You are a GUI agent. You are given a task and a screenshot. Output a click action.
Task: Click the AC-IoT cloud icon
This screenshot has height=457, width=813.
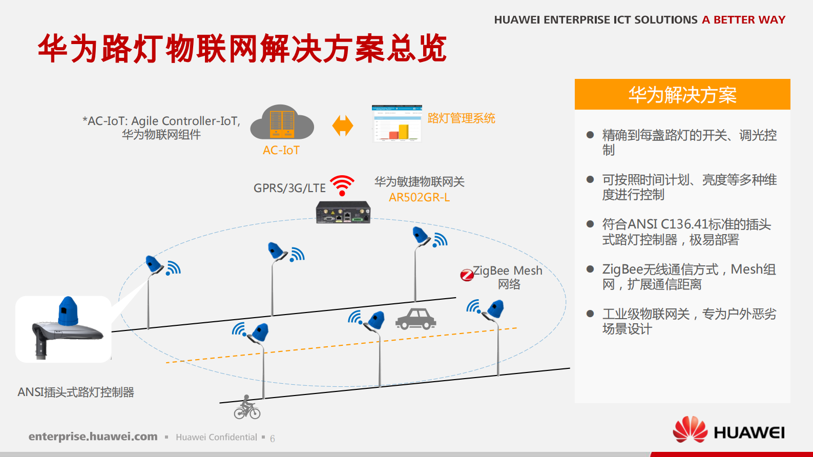click(282, 123)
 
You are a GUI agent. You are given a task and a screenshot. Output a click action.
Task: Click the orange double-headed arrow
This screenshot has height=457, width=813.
click(343, 126)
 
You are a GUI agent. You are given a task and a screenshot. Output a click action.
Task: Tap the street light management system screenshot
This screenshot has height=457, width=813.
click(397, 123)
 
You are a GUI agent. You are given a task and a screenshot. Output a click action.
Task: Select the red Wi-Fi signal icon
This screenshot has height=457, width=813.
click(342, 185)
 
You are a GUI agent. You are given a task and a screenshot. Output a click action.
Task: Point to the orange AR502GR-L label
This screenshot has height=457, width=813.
click(419, 198)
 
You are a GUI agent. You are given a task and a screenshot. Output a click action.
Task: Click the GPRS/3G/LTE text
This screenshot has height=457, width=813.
click(289, 188)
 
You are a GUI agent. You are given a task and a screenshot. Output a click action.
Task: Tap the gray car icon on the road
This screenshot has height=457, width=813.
click(415, 319)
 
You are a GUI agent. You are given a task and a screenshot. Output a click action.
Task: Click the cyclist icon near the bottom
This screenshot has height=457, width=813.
click(247, 408)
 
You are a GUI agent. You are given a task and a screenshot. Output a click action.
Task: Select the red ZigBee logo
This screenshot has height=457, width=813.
click(467, 275)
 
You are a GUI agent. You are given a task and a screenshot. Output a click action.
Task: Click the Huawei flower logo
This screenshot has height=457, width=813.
click(690, 429)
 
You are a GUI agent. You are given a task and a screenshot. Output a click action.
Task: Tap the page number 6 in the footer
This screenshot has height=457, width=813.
click(273, 439)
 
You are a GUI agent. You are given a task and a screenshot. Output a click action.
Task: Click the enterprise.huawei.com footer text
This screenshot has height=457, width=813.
click(93, 437)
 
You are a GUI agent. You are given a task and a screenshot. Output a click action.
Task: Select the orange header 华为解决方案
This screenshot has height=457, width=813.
click(682, 95)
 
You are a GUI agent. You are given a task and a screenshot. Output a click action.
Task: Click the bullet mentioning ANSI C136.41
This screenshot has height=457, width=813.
click(686, 232)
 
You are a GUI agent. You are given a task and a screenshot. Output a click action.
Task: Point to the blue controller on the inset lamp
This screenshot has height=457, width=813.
click(68, 311)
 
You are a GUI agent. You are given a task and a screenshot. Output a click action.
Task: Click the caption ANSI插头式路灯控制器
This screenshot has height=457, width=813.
click(76, 392)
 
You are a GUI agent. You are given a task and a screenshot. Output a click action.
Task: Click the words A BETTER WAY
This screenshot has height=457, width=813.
click(743, 20)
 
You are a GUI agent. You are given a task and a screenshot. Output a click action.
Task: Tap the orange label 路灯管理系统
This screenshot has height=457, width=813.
click(461, 118)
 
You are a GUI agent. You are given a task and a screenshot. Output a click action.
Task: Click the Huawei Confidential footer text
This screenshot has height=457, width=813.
click(216, 437)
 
